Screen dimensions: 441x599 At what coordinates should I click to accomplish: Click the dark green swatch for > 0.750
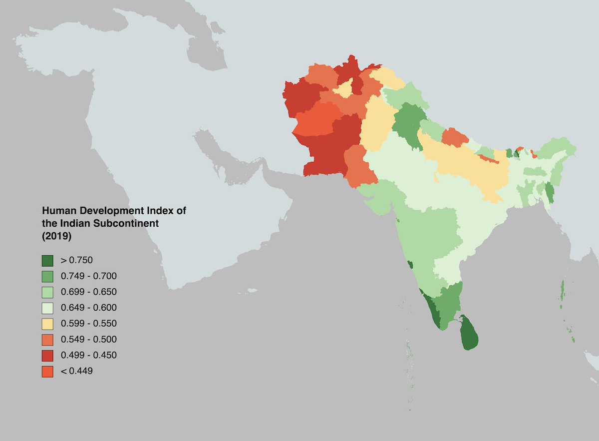click(x=47, y=260)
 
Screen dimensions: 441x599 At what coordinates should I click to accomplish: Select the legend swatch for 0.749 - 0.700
click(x=47, y=276)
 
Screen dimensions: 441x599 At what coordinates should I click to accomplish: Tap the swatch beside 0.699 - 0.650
click(x=47, y=292)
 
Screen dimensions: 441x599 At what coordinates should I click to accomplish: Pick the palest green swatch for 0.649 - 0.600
click(x=47, y=308)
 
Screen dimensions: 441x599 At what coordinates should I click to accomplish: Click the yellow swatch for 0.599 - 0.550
click(x=47, y=324)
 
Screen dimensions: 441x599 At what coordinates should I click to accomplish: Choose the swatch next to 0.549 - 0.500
click(x=47, y=340)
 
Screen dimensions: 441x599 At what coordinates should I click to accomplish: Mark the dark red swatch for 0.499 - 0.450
click(x=47, y=356)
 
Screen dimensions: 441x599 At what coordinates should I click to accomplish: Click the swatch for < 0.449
click(x=47, y=372)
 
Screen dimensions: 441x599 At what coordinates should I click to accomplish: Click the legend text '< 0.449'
click(x=76, y=371)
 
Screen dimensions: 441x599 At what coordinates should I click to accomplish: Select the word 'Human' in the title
click(x=56, y=211)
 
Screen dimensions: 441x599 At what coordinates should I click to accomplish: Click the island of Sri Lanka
click(x=469, y=334)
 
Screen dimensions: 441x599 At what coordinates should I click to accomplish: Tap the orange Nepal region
click(x=452, y=137)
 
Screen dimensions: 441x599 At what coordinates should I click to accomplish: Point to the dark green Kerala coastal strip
click(x=431, y=309)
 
